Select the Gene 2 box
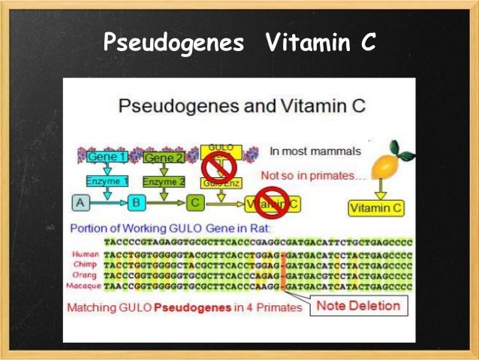pyautogui.click(x=163, y=158)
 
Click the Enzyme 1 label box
pyautogui.click(x=107, y=182)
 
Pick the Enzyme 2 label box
pyautogui.click(x=163, y=182)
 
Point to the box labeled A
pyautogui.click(x=81, y=203)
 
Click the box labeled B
pyautogui.click(x=137, y=203)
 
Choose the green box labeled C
pyautogui.click(x=195, y=203)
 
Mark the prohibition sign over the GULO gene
pyautogui.click(x=220, y=165)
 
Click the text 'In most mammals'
pyautogui.click(x=315, y=151)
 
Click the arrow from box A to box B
pyautogui.click(x=109, y=203)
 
